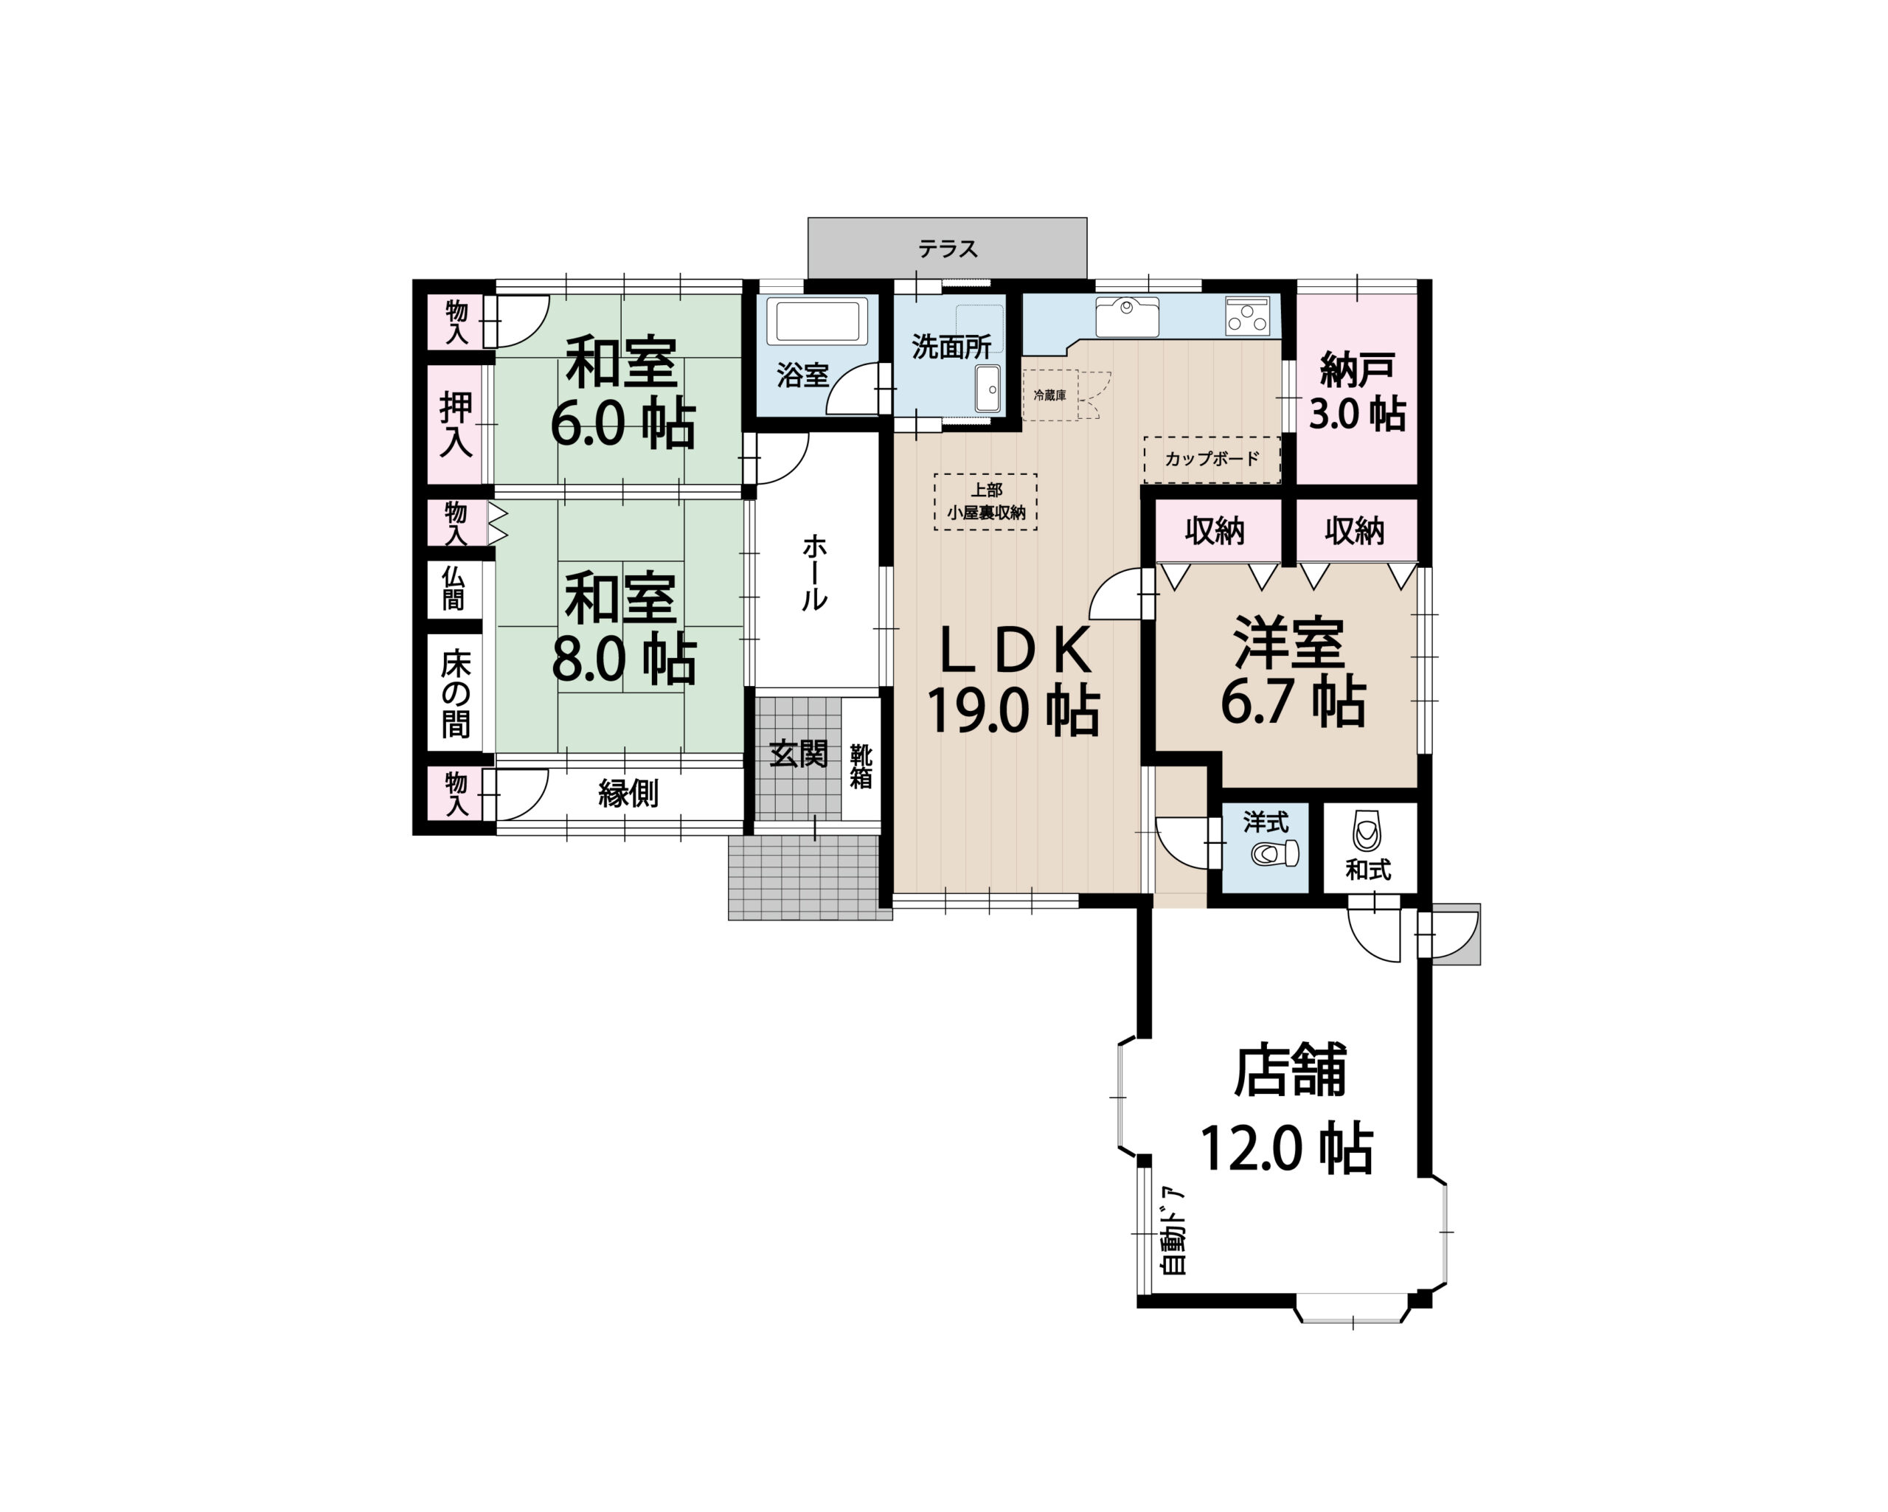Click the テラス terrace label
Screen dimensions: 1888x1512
coord(948,249)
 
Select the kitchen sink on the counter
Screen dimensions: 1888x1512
coord(1126,316)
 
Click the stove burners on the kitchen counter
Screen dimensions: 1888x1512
coord(1248,316)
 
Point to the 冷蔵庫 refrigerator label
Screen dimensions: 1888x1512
coord(1050,395)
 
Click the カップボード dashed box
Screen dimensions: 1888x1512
coord(1212,459)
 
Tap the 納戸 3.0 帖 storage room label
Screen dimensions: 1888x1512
coord(1357,392)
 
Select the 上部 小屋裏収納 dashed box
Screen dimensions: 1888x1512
coord(986,502)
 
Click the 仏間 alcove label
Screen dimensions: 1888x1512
coord(454,588)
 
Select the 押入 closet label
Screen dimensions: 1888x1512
coord(455,424)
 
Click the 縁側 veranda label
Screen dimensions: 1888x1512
coord(628,794)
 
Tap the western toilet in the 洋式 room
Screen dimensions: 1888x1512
coord(1275,853)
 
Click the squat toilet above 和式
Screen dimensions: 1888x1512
coord(1367,830)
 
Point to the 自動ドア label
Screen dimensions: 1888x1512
coord(1172,1231)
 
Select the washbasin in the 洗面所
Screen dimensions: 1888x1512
coord(988,388)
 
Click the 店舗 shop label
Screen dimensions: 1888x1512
coord(1289,1069)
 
